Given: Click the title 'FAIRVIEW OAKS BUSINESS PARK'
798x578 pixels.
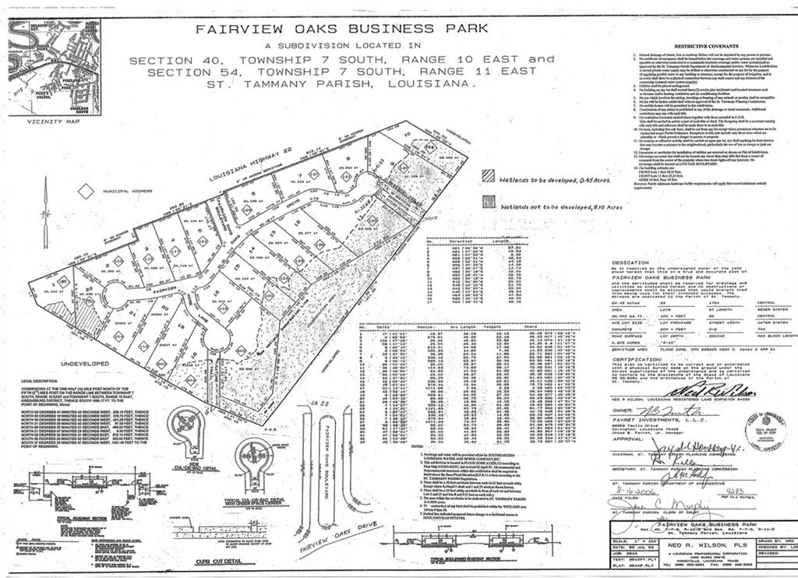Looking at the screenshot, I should coord(342,29).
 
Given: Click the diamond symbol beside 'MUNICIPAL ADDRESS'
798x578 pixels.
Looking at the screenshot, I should coord(87,189).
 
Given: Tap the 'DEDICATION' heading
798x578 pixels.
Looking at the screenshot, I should coord(630,263).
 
